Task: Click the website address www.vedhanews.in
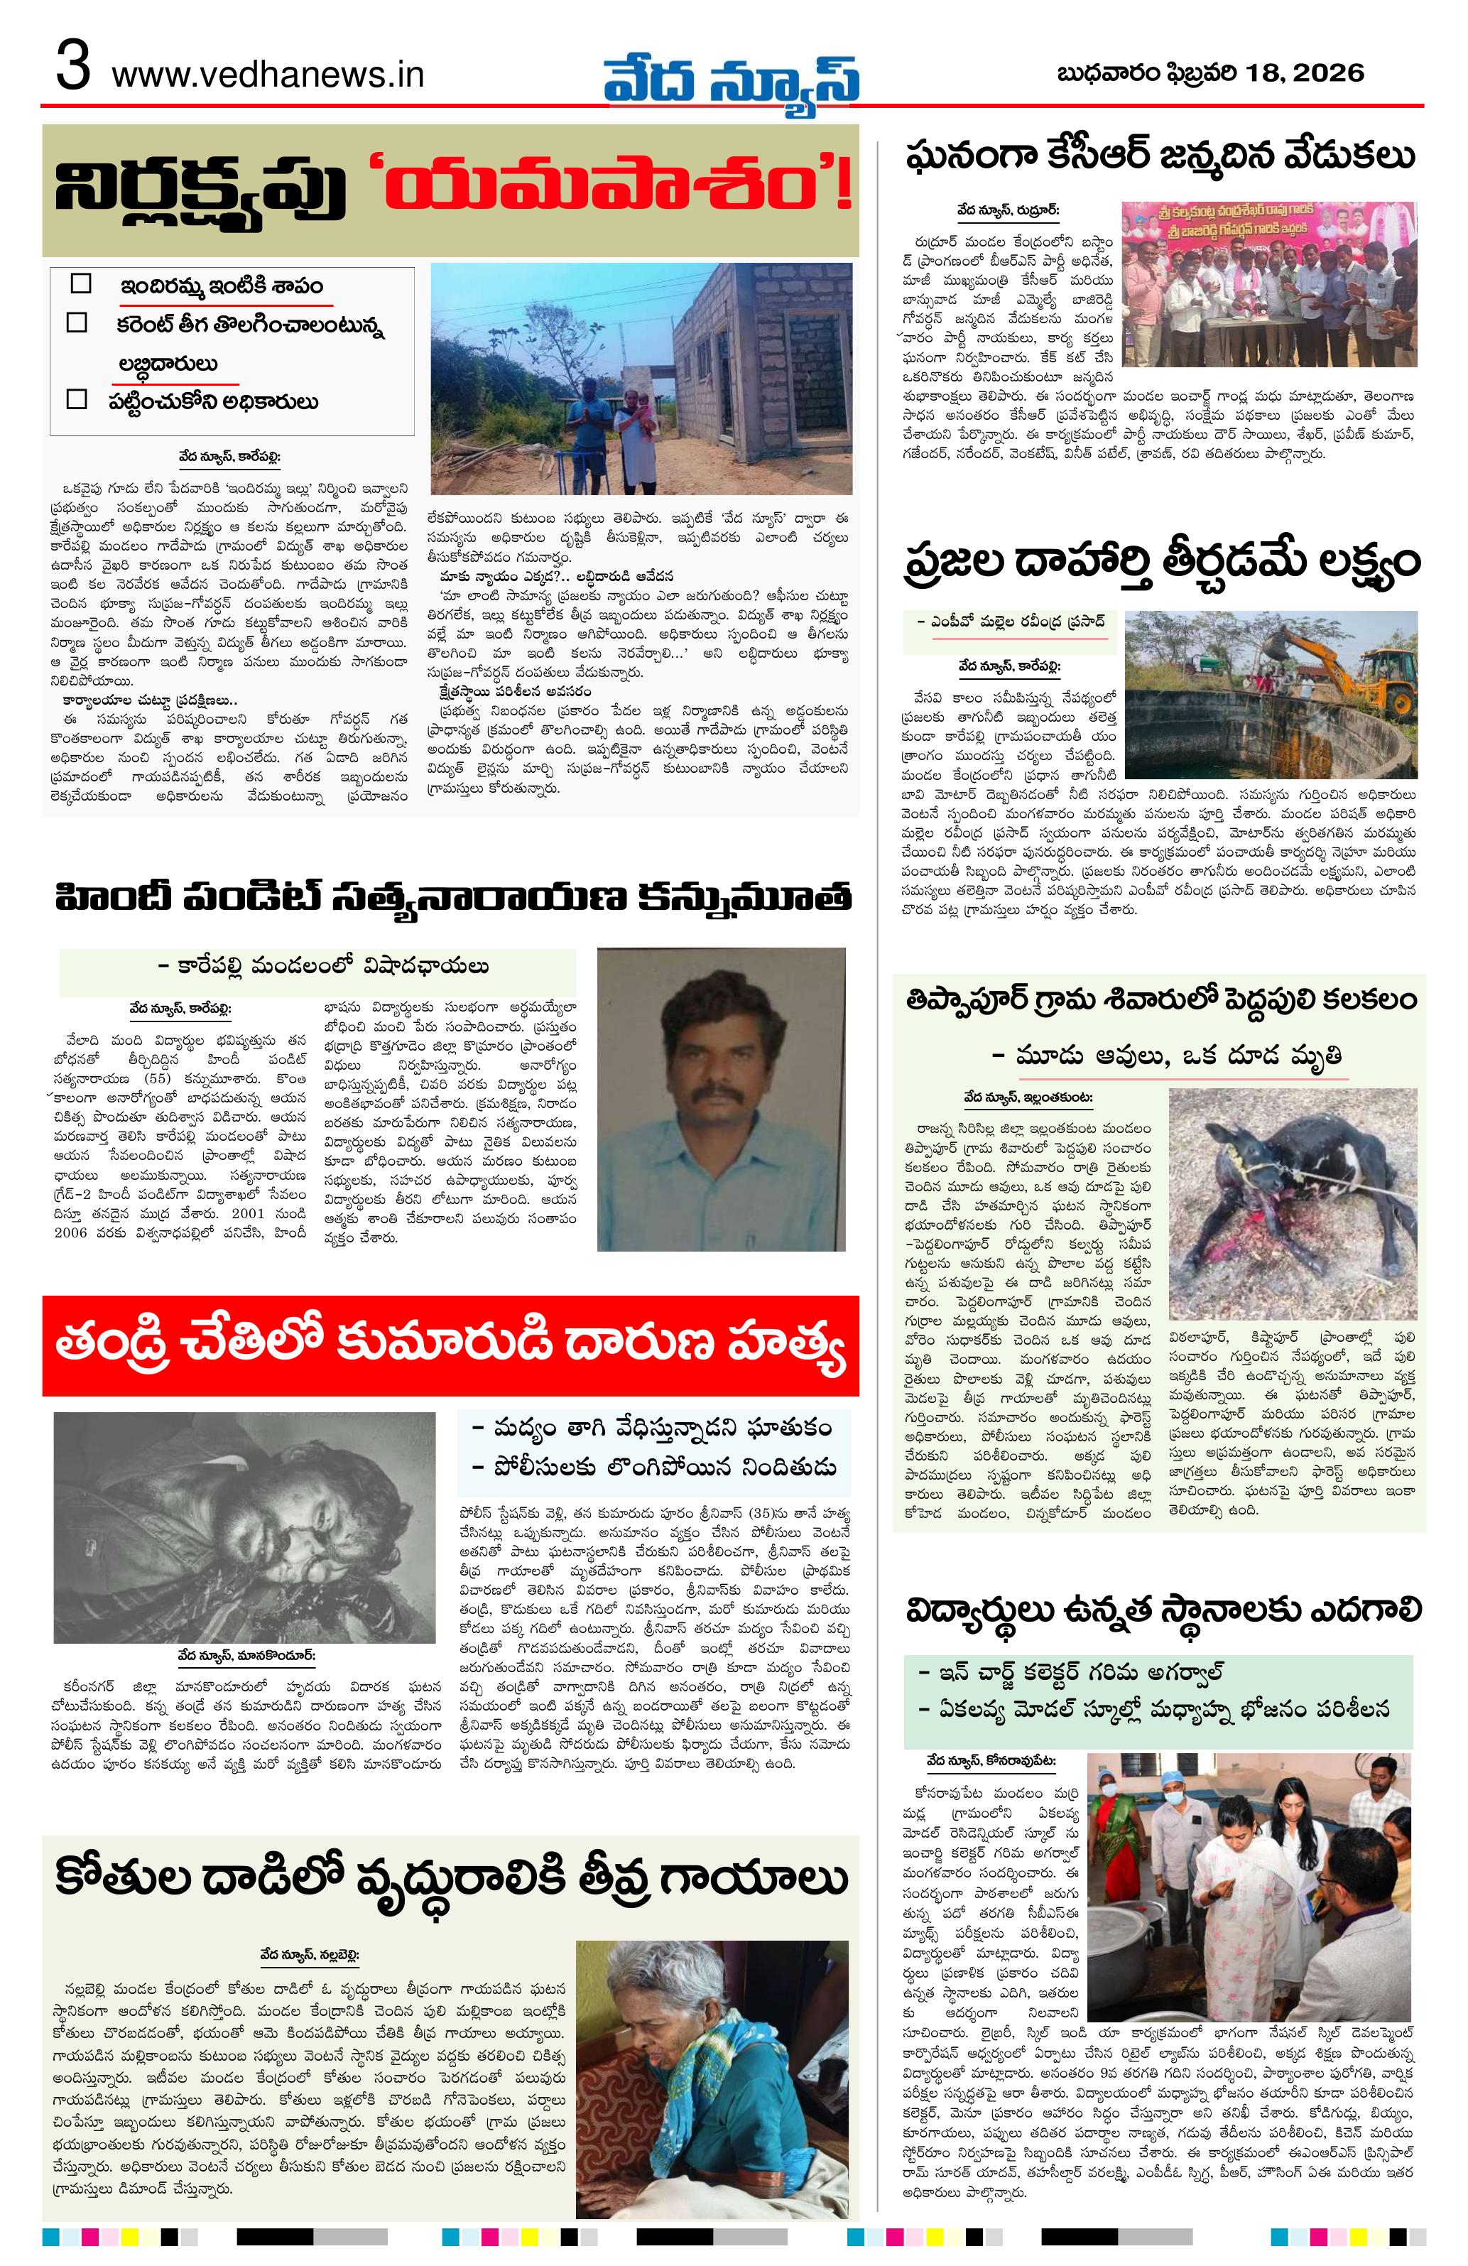click(268, 75)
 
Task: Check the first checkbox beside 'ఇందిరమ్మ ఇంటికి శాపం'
click(81, 283)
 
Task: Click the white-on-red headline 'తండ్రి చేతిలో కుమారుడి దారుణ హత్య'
click(450, 1346)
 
